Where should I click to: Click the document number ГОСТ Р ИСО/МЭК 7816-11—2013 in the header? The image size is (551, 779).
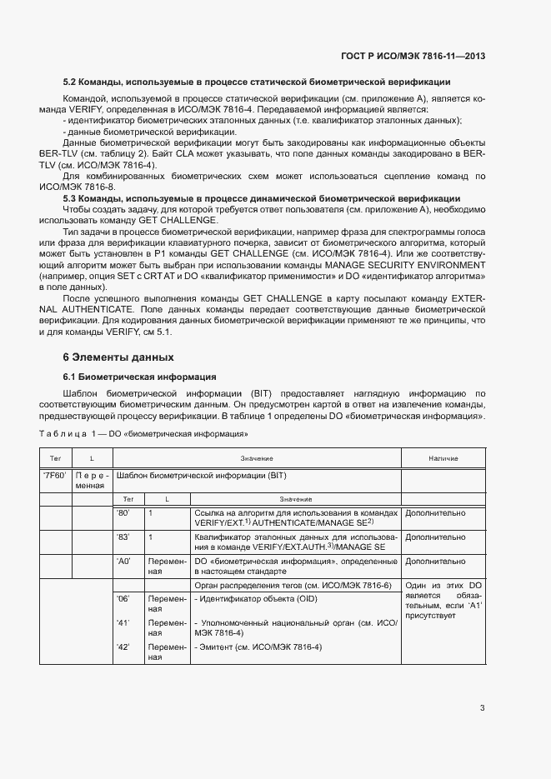pyautogui.click(x=413, y=57)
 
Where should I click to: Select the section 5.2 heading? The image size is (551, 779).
pyautogui.click(x=258, y=82)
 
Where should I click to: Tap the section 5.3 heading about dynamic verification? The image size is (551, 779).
pyautogui.click(x=262, y=198)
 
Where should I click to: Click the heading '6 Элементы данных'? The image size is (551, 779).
pyautogui.click(x=118, y=357)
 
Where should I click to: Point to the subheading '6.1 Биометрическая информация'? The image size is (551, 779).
pyautogui.click(x=140, y=377)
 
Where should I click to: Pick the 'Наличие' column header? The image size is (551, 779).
pyautogui.click(x=443, y=459)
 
